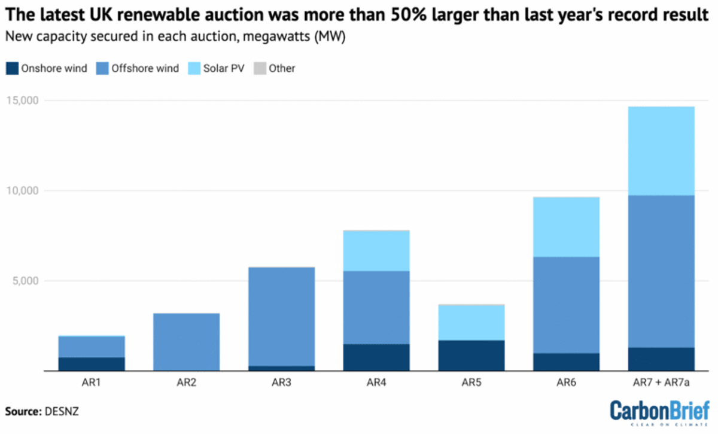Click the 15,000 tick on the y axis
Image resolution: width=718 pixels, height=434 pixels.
point(22,100)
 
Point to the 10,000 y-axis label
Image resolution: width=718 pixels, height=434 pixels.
point(22,190)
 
